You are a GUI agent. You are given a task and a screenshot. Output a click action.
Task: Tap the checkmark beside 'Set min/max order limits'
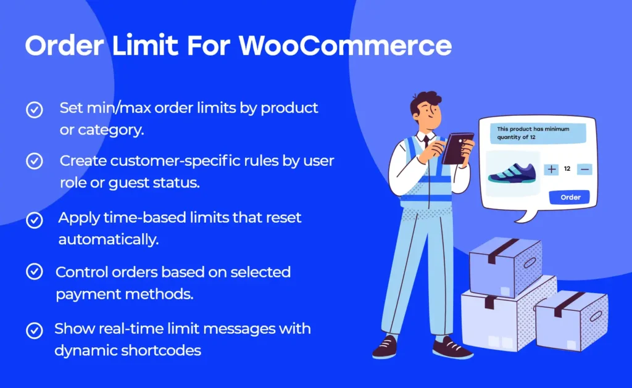pos(34,110)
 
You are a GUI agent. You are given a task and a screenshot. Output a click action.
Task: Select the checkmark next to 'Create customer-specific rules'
pos(34,162)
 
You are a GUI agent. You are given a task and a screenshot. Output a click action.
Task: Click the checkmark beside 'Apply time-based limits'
pos(34,219)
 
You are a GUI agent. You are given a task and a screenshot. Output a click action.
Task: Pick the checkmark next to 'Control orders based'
pos(34,271)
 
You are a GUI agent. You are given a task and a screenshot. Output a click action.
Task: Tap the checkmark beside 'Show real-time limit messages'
pos(34,330)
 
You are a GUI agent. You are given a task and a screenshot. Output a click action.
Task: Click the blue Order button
pos(570,197)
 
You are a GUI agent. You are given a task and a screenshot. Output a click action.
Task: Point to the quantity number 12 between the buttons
pos(567,168)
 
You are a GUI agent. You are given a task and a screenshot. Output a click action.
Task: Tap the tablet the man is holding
pos(457,148)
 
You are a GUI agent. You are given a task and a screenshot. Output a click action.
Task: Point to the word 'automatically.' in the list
pos(109,239)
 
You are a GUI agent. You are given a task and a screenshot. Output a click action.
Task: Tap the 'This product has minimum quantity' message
pos(533,133)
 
